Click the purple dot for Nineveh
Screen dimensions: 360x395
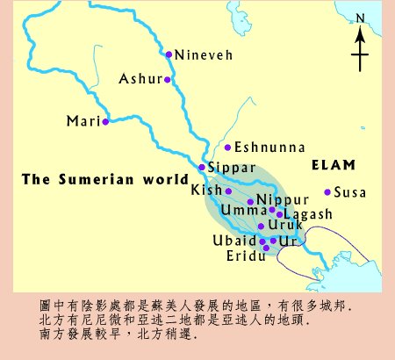coord(169,54)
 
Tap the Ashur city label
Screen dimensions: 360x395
coord(141,79)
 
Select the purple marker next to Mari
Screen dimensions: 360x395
coord(105,121)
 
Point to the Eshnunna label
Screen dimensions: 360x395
coord(265,148)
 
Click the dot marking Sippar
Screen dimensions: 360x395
coord(202,167)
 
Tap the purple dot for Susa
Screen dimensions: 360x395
coord(327,192)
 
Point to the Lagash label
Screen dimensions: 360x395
coord(308,214)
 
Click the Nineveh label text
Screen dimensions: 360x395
coord(204,54)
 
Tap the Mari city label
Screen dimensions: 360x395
coord(83,121)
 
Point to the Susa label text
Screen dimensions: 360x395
coord(351,192)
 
